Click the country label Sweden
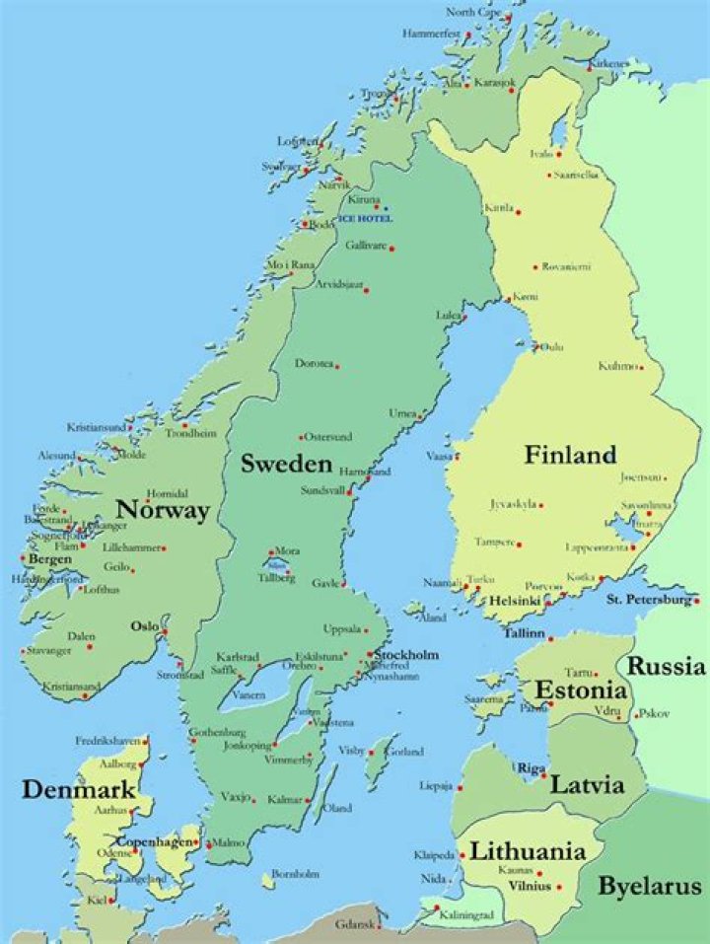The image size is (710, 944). pyautogui.click(x=285, y=464)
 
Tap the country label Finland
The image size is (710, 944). pyautogui.click(x=570, y=455)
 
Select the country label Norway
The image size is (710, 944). pyautogui.click(x=163, y=510)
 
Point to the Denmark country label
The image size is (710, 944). pyautogui.click(x=65, y=789)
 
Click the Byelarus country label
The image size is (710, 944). pyautogui.click(x=650, y=885)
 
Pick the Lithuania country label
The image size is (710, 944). pyautogui.click(x=528, y=851)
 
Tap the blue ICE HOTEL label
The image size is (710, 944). pyautogui.click(x=364, y=217)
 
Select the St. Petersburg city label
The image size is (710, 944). pyautogui.click(x=648, y=599)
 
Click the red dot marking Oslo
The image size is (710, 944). pyautogui.click(x=166, y=631)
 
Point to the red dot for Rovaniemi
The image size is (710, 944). pyautogui.click(x=535, y=266)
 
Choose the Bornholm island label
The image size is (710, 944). pyautogui.click(x=296, y=873)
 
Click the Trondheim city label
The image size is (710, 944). pyautogui.click(x=190, y=432)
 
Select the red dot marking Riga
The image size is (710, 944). pyautogui.click(x=544, y=775)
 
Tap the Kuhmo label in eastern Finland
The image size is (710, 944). pyautogui.click(x=617, y=366)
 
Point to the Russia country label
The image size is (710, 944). pyautogui.click(x=668, y=667)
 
